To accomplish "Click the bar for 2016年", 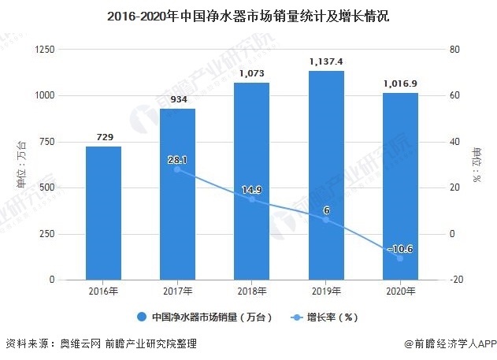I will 103,213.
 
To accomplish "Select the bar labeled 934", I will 177,194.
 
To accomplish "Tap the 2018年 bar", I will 251,181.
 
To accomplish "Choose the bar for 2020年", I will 400,186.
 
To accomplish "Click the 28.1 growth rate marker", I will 177,169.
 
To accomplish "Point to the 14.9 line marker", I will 251,199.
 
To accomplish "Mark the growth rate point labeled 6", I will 326,220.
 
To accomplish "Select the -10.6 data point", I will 400,258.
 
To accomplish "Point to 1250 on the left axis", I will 45,50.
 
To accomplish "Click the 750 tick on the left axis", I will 47,142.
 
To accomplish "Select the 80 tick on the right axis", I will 454,50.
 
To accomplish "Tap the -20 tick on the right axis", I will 456,280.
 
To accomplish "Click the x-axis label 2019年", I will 326,292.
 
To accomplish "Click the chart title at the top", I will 248,15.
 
